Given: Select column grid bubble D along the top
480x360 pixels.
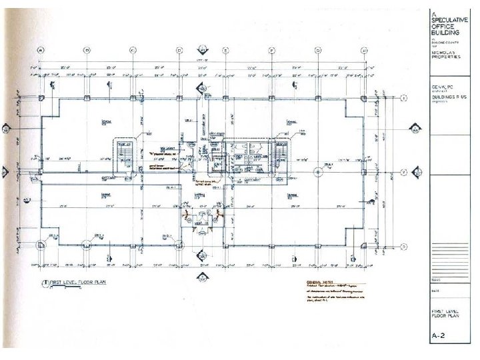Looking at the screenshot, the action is (x=179, y=50).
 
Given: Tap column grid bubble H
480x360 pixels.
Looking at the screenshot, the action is (x=364, y=50).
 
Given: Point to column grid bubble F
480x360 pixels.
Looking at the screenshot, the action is (x=271, y=50).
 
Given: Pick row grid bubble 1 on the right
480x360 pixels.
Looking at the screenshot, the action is (x=404, y=98).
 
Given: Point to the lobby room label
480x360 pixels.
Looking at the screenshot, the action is (x=198, y=195).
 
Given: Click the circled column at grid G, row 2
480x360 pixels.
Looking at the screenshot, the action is (x=317, y=172).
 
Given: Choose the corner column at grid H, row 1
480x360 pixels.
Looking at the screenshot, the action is (x=364, y=98).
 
